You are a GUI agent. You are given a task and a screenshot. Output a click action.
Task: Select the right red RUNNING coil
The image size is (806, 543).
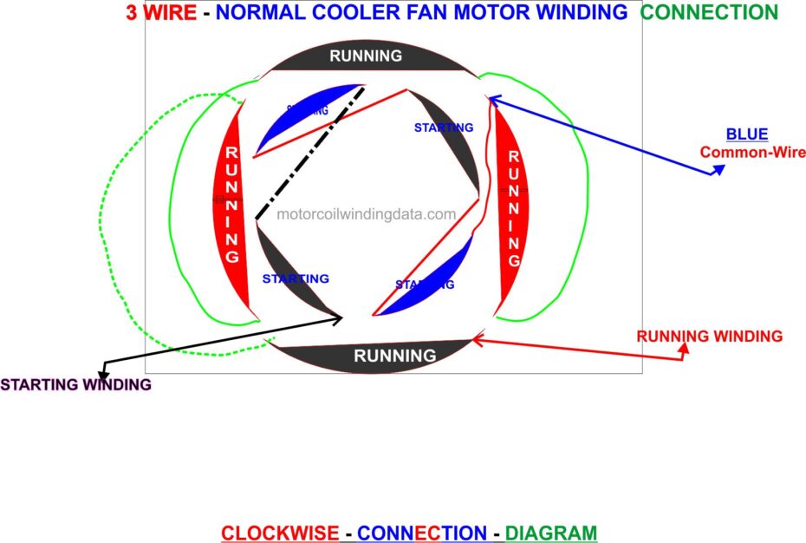coord(512,208)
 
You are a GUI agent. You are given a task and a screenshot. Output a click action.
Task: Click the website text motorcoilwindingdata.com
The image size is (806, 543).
coord(367,214)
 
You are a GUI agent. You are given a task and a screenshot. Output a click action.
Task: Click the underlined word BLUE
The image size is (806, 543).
coord(746,134)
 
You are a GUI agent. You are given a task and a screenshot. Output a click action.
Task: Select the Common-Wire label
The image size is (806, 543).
coord(752,153)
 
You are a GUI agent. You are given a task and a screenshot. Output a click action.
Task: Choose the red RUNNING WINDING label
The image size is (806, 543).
coord(709,336)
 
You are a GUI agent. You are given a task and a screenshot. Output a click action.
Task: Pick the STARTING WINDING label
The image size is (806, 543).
coord(75,384)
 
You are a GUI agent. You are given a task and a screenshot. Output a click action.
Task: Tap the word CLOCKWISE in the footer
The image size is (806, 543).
coord(279,533)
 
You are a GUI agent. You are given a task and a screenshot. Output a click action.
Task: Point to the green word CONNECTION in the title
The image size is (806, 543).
coord(709,12)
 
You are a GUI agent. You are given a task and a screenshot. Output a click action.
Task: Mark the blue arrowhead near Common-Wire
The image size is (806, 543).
coord(718,171)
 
